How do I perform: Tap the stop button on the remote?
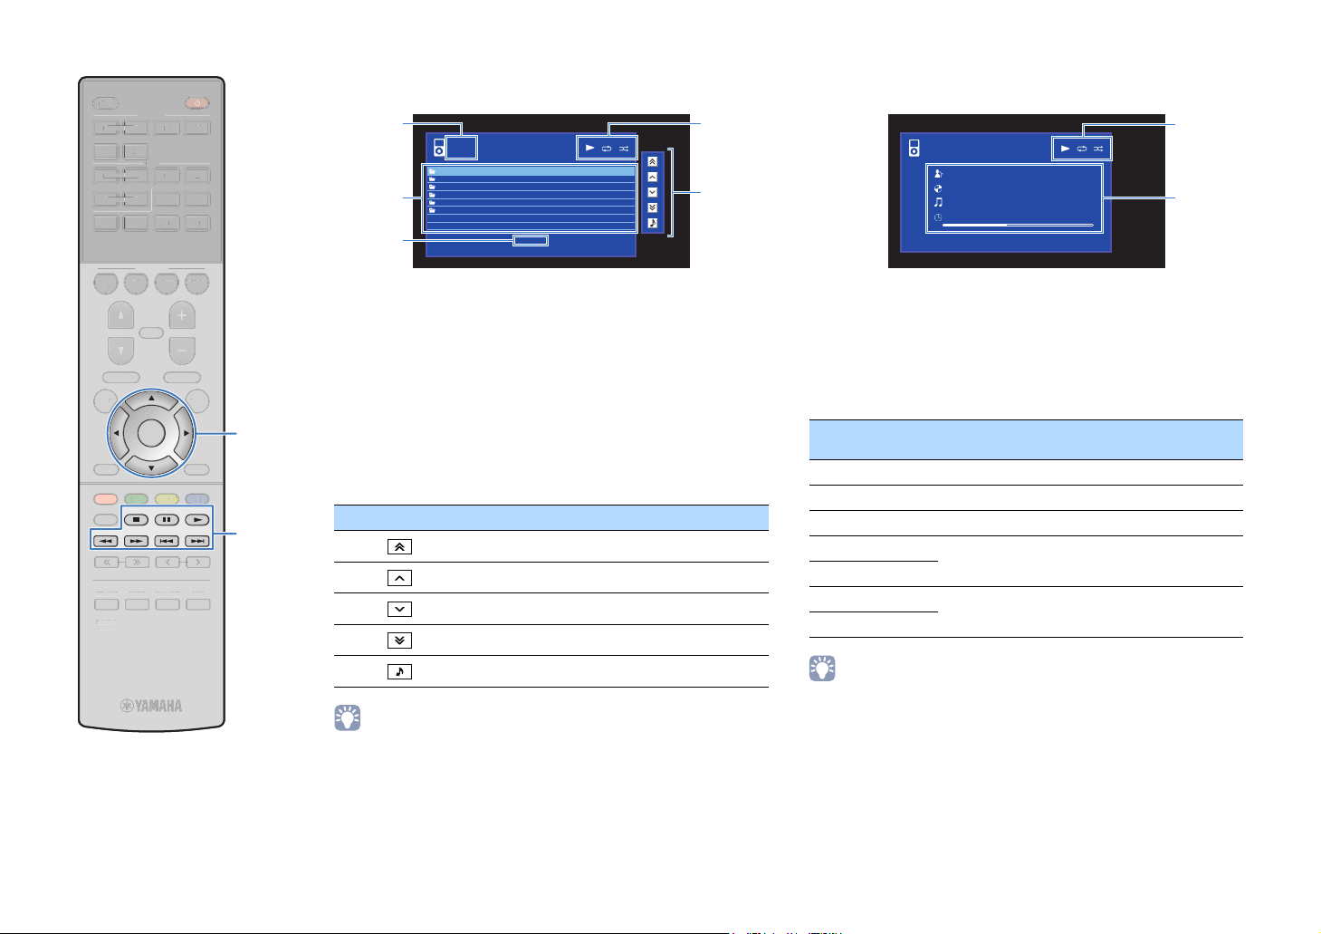pyautogui.click(x=136, y=520)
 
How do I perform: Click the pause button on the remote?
pyautogui.click(x=167, y=520)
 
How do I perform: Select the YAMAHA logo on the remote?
pyautogui.click(x=152, y=705)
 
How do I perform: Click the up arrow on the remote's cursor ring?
pyautogui.click(x=151, y=399)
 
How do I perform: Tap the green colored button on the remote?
pyautogui.click(x=136, y=498)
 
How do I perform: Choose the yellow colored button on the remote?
pyautogui.click(x=167, y=498)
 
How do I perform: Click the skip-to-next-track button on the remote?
pyautogui.click(x=196, y=541)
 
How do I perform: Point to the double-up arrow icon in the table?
pyautogui.click(x=399, y=546)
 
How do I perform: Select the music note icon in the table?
pyautogui.click(x=399, y=671)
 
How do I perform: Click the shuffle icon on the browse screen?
pyautogui.click(x=624, y=148)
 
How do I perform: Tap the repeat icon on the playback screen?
pyautogui.click(x=1081, y=149)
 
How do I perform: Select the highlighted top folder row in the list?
pyautogui.click(x=531, y=171)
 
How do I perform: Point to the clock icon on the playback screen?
pyautogui.click(x=938, y=217)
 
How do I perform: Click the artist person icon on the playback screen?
pyautogui.click(x=938, y=174)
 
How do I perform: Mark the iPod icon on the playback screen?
pyautogui.click(x=914, y=148)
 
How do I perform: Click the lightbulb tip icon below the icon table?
pyautogui.click(x=348, y=718)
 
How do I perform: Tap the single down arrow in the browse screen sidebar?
pyautogui.click(x=652, y=192)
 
